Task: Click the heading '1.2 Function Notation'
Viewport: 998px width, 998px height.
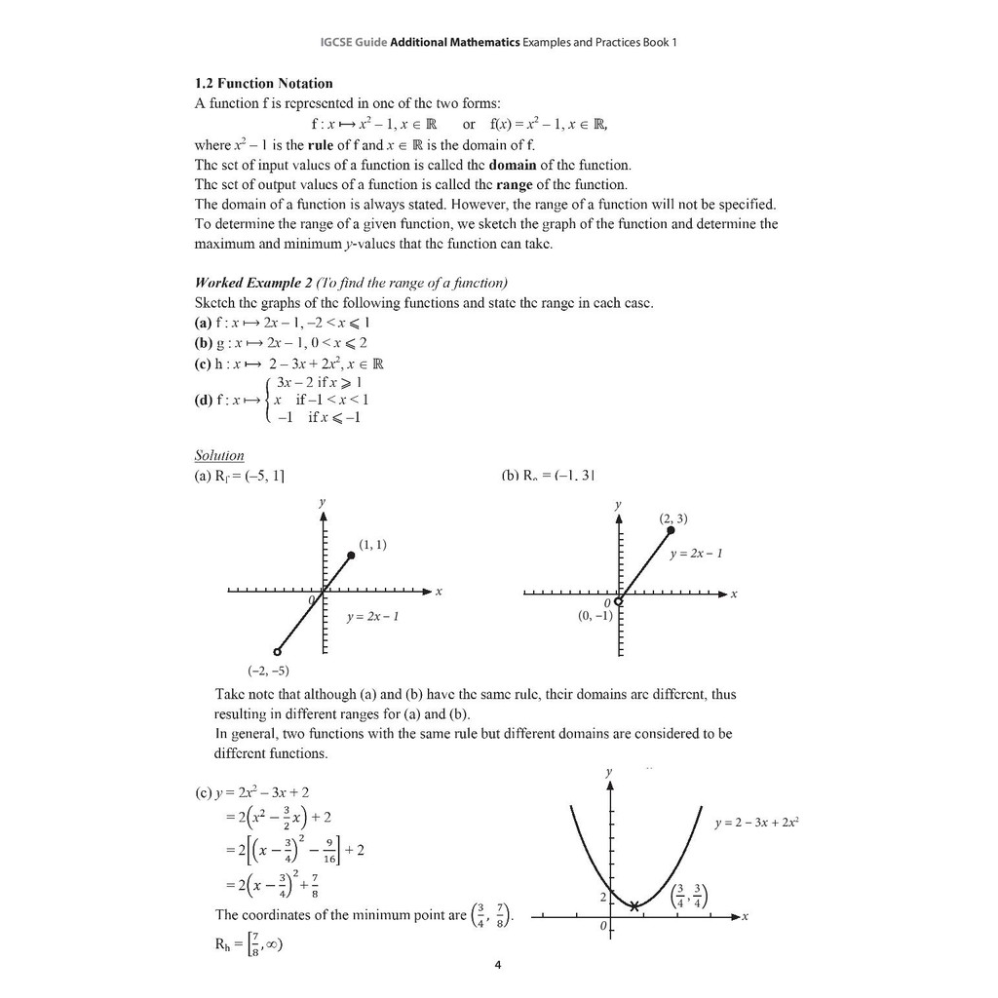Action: (263, 84)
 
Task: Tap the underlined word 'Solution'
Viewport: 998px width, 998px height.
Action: (219, 455)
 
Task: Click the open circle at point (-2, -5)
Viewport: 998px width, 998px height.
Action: (277, 652)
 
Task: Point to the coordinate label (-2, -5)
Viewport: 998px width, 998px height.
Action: (269, 671)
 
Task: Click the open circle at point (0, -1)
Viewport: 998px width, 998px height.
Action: (618, 601)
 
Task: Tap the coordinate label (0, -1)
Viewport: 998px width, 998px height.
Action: (595, 616)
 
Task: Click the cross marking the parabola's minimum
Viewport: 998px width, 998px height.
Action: (634, 906)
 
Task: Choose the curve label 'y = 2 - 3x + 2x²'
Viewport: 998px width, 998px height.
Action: (757, 824)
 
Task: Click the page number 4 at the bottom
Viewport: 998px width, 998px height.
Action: (498, 966)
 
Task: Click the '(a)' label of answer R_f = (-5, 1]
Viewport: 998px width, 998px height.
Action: (204, 477)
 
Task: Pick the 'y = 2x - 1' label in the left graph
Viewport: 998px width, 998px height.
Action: (373, 618)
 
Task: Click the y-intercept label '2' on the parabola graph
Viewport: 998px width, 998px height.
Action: (602, 897)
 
